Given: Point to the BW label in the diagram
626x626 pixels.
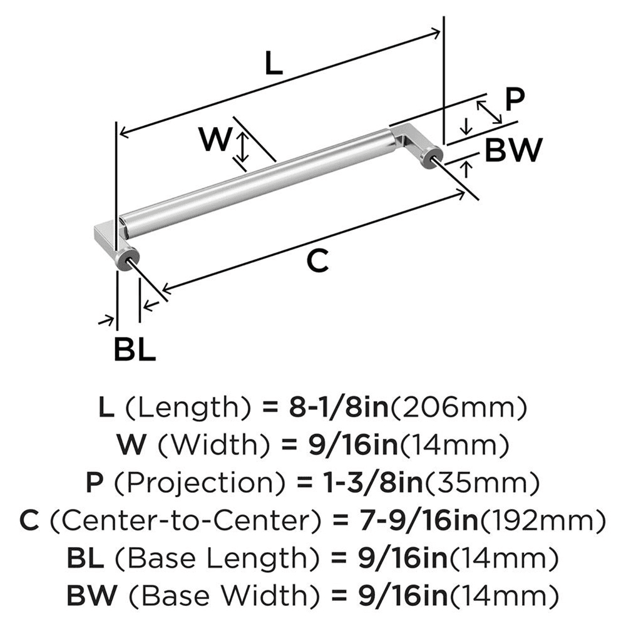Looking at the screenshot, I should (x=513, y=150).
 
